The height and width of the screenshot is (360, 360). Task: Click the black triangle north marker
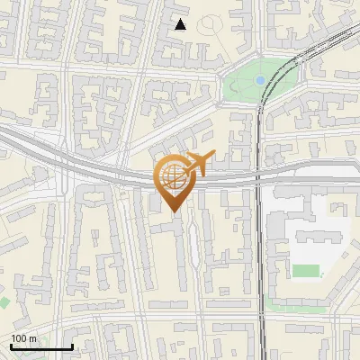[181, 24]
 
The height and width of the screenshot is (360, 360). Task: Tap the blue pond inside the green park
[260, 80]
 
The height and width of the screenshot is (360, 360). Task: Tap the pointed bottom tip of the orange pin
[175, 212]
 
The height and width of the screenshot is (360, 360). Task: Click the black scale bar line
[41, 347]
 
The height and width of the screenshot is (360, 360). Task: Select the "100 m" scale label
[24, 338]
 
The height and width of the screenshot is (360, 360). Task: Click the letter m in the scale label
[32, 338]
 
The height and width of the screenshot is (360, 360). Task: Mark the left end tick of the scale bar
[11, 346]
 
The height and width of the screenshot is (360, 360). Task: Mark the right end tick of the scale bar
[72, 346]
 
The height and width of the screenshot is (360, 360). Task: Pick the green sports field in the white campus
[307, 270]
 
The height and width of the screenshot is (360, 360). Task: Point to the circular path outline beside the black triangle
[211, 24]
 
